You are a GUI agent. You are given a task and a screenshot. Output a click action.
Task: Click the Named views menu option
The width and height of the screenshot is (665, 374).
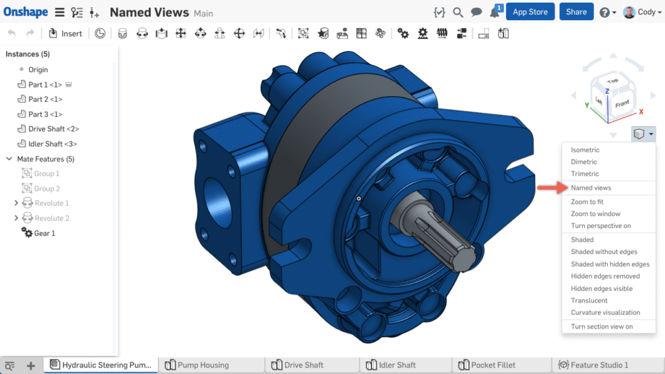click(590, 188)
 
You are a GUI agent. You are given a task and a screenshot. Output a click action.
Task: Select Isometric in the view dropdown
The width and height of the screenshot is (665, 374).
click(584, 150)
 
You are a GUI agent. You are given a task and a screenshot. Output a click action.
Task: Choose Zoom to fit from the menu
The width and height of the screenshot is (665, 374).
click(587, 202)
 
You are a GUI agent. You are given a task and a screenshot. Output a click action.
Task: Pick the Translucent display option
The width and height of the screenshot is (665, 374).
click(589, 301)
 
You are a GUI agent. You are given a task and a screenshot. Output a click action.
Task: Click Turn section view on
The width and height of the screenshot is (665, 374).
click(601, 327)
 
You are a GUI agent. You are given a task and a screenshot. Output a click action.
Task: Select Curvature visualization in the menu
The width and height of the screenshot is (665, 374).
click(605, 313)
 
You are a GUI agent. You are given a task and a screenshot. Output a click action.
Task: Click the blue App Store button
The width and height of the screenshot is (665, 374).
click(530, 12)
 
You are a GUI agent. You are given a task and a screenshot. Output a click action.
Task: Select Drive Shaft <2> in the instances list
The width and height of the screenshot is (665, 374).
click(53, 129)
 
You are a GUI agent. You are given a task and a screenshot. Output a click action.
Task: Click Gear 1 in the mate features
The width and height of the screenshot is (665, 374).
click(44, 233)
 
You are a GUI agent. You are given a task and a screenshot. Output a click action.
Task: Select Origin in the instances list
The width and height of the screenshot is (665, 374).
click(38, 69)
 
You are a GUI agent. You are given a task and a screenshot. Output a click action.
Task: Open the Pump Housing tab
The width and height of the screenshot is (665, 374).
click(203, 365)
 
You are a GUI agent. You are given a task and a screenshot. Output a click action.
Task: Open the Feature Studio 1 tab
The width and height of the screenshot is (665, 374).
click(599, 365)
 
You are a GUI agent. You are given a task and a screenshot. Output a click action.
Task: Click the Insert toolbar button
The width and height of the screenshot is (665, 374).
click(66, 34)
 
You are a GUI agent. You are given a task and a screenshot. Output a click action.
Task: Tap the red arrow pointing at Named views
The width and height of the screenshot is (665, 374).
click(550, 188)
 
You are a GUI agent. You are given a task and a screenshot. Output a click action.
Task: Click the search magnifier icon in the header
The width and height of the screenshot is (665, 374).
click(458, 12)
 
